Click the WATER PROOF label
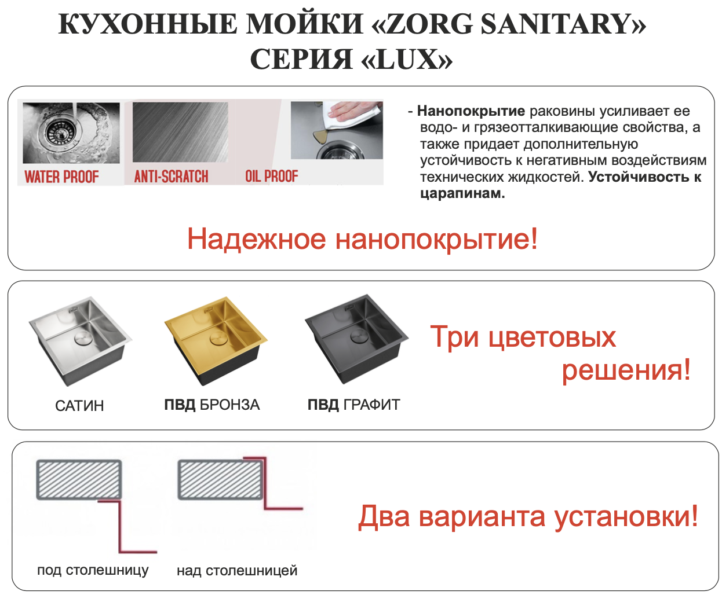click(61, 177)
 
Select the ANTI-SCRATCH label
click(171, 176)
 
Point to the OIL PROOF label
click(271, 176)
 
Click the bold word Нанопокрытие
click(471, 111)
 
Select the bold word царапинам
click(462, 193)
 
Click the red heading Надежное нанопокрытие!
click(362, 239)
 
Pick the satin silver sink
click(80, 341)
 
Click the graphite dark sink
click(356, 339)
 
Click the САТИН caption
click(79, 406)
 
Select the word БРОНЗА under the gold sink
click(229, 405)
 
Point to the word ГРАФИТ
click(371, 405)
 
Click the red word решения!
click(626, 370)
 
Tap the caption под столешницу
click(93, 570)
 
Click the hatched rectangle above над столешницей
click(220, 479)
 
